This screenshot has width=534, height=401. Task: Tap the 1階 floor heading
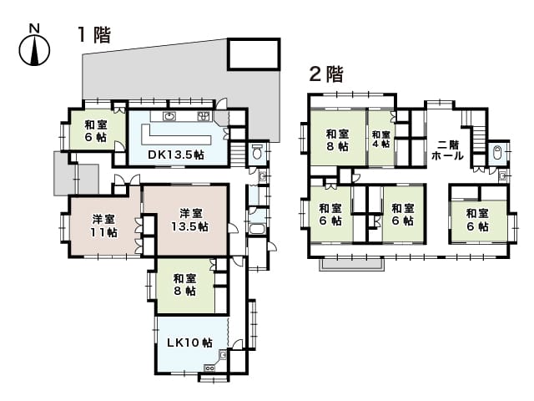pyautogui.click(x=94, y=35)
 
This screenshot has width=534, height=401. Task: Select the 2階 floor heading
pyautogui.click(x=326, y=74)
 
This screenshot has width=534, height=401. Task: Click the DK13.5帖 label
pyautogui.click(x=176, y=155)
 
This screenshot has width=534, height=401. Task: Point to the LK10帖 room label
pyautogui.click(x=189, y=342)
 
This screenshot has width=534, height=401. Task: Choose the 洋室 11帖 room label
pyautogui.click(x=103, y=226)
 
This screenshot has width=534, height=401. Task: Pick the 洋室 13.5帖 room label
pyautogui.click(x=189, y=220)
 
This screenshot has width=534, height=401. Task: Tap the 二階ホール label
pyautogui.click(x=447, y=150)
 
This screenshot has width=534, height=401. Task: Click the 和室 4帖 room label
pyautogui.click(x=380, y=140)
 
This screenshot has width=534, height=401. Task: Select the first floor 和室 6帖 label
pyautogui.click(x=96, y=131)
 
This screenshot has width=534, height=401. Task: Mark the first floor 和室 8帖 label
pyautogui.click(x=184, y=285)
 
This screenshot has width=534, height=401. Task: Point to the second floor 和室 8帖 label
pyautogui.click(x=337, y=140)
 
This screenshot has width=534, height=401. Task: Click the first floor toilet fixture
pyautogui.click(x=258, y=151)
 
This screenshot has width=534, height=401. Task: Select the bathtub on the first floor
pyautogui.click(x=258, y=228)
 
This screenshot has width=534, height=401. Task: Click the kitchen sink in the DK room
pyautogui.click(x=169, y=116)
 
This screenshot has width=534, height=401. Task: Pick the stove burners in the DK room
pyautogui.click(x=204, y=116)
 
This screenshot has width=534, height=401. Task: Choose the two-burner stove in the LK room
pyautogui.click(x=209, y=368)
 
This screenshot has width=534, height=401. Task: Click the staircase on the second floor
pyautogui.click(x=478, y=137)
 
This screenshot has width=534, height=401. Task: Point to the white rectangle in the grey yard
pyautogui.click(x=254, y=54)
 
